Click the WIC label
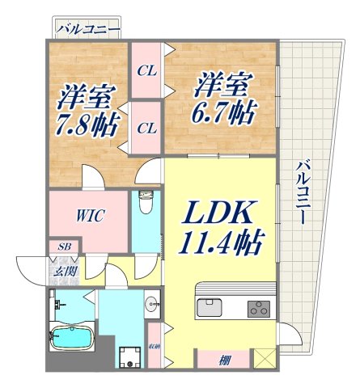(x=88, y=216)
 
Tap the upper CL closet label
(x=146, y=70)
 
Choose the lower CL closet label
(x=146, y=127)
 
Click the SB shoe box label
(x=62, y=246)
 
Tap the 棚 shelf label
(x=222, y=360)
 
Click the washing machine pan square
(x=129, y=355)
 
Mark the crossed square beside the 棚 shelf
(x=264, y=358)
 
